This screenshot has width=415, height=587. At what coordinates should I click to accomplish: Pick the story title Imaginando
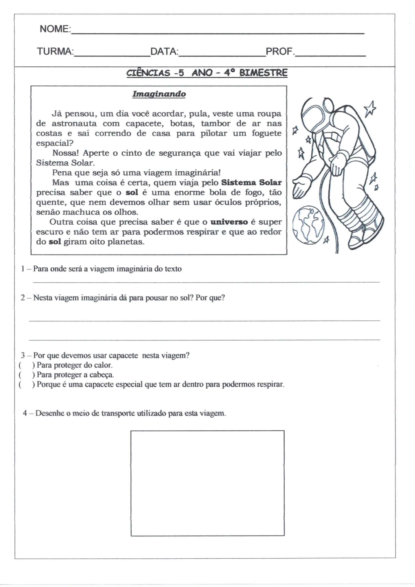coord(159,94)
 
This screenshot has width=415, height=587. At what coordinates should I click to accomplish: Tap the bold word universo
coord(229,222)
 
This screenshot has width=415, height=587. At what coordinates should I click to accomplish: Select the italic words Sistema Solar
coord(65,163)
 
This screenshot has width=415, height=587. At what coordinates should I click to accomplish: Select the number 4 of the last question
coord(25,413)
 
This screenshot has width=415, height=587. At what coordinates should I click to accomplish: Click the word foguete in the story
coord(266,133)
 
